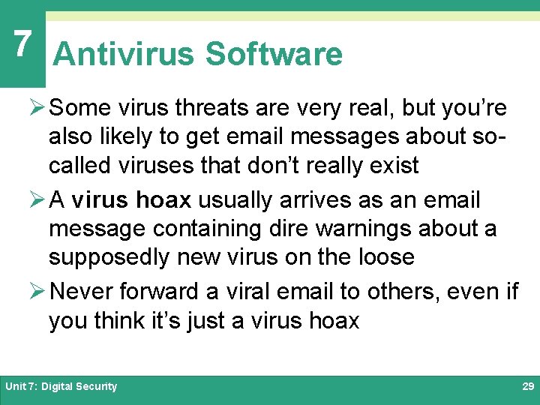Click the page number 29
527,386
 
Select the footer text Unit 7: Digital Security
61,386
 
